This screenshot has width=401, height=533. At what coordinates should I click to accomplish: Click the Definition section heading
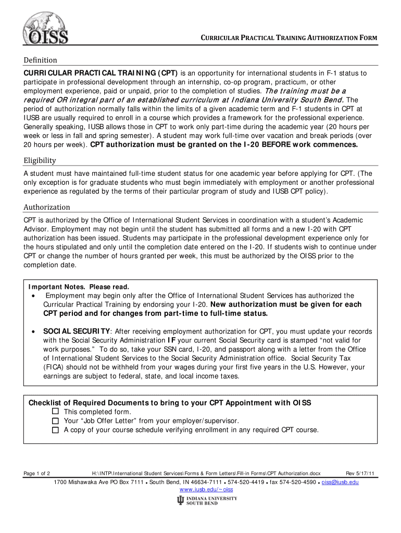tap(40, 60)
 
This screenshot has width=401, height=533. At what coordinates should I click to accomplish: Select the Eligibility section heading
tap(40, 160)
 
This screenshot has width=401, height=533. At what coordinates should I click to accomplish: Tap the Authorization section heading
tap(46, 207)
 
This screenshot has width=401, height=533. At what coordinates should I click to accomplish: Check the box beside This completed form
tap(56, 412)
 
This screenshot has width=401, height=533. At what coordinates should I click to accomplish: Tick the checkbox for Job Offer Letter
tap(56, 421)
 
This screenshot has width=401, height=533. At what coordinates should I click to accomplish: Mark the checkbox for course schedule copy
tap(56, 430)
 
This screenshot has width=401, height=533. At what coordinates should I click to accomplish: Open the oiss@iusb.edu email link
tap(340, 483)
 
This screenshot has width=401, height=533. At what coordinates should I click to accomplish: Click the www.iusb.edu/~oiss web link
tap(206, 490)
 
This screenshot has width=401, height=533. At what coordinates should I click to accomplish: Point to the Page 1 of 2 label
tap(37, 473)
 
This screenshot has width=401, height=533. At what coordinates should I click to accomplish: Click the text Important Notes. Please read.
tap(78, 287)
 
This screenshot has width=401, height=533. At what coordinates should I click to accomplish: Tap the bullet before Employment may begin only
tap(34, 296)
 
